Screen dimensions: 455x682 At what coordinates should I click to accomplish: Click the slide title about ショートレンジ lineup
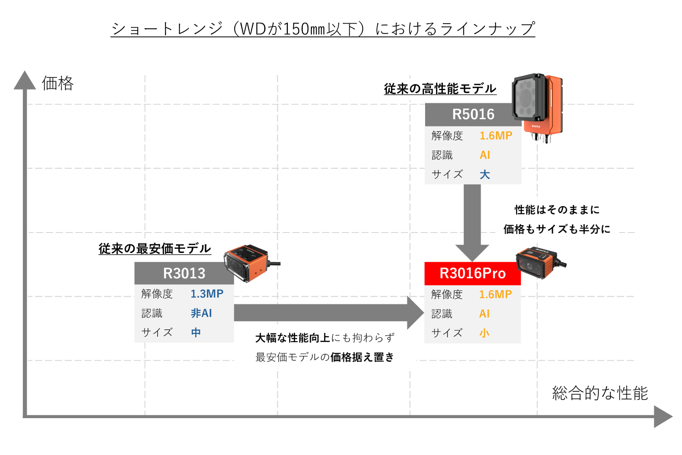coord(323,29)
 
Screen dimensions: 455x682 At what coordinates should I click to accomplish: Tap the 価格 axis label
coord(58,83)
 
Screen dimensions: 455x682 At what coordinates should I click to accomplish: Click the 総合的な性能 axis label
coord(600,393)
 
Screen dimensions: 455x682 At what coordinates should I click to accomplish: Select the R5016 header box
coord(473,114)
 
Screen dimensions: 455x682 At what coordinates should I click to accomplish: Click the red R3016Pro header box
coord(472,273)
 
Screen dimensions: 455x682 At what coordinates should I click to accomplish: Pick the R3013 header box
coord(184,273)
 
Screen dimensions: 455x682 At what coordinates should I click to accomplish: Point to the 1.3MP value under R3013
coord(207,294)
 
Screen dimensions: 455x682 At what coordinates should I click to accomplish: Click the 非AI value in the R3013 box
coord(201,313)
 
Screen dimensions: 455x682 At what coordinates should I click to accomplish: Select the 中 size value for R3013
coord(196,333)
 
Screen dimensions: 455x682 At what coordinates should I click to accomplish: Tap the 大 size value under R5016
coord(485,175)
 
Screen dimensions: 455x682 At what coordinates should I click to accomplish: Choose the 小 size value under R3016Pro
coord(484,334)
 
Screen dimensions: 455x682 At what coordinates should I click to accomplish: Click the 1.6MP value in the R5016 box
coord(496,136)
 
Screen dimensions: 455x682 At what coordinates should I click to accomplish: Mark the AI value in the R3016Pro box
coord(484,314)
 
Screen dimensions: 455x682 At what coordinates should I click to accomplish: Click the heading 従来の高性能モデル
coord(440,89)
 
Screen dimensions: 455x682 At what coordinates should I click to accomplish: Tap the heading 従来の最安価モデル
coord(155,248)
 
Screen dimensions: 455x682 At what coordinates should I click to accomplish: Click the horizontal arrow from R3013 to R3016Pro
coord(327,313)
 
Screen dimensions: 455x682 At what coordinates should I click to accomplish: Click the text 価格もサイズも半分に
coord(557,229)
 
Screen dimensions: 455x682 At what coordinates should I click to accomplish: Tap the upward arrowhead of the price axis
coord(25,81)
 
